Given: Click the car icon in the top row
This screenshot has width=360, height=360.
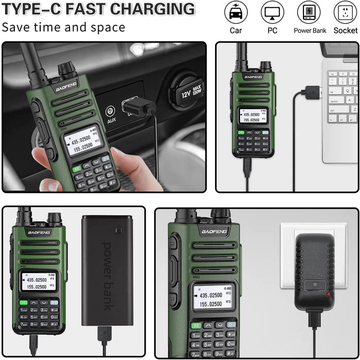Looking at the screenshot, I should tap(236, 12).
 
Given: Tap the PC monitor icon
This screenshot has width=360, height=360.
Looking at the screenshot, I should tap(273, 12).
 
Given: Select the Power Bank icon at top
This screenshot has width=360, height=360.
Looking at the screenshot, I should tap(310, 12).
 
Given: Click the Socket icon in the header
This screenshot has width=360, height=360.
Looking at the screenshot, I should tap(346, 12).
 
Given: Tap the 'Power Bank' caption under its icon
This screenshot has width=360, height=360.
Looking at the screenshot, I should tap(310, 31).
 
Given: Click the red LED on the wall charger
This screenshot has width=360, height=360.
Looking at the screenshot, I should tap(328, 294).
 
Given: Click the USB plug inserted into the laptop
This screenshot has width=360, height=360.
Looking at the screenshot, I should tap(312, 93).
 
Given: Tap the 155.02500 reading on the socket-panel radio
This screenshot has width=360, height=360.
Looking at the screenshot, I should tap(211, 304).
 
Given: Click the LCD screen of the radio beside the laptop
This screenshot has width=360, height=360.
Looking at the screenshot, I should tap(253, 116).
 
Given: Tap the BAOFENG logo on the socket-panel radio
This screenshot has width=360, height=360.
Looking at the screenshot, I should tap(214, 232).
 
